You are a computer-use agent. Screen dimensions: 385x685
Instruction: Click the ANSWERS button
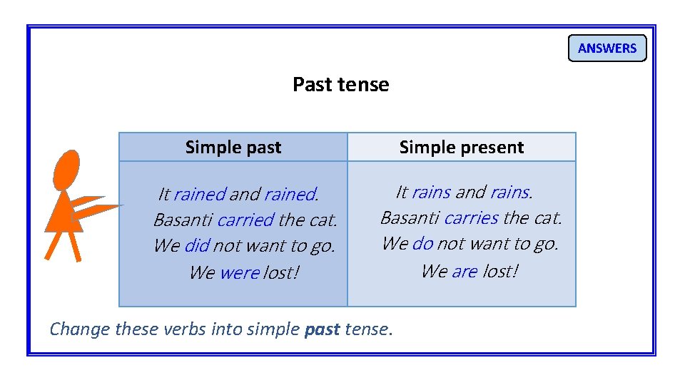coord(607,48)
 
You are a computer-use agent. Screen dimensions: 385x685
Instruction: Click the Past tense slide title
coord(340,85)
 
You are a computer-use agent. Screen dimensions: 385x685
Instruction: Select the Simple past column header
coord(233,148)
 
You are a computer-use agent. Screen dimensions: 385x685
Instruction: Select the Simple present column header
coord(461,148)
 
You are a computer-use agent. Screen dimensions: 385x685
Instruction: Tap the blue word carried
coord(245,220)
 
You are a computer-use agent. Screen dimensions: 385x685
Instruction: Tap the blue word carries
coord(471,217)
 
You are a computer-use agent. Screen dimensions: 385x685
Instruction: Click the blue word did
coord(196,246)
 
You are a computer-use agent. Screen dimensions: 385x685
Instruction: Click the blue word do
coord(422,244)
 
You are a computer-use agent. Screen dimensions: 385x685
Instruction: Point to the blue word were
coord(239,273)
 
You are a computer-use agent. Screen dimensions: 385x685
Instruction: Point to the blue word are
coord(464,271)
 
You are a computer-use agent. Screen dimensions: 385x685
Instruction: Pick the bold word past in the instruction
coord(321,329)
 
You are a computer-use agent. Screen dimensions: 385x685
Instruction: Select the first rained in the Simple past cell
coord(199,194)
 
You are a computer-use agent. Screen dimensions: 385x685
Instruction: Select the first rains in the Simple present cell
coord(431,192)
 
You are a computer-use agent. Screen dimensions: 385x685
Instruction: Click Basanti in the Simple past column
coord(183,220)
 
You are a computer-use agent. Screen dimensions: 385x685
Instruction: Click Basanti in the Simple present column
coord(410,217)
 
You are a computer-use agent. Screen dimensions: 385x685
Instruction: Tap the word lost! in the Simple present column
coord(500,271)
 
